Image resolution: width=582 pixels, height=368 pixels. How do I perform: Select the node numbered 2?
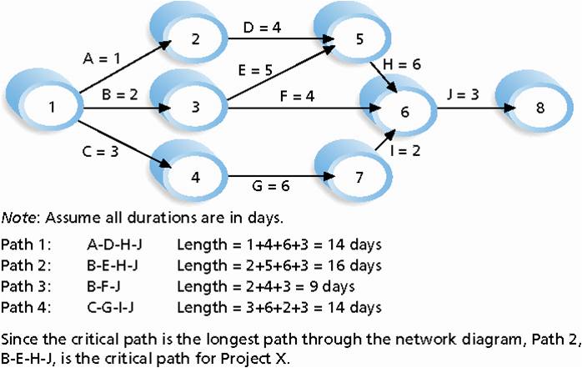pos(193,39)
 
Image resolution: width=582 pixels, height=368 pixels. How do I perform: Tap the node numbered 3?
pos(193,108)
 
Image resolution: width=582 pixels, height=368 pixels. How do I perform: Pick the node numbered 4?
pos(193,177)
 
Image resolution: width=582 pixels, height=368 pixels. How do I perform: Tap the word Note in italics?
pos(19,219)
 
